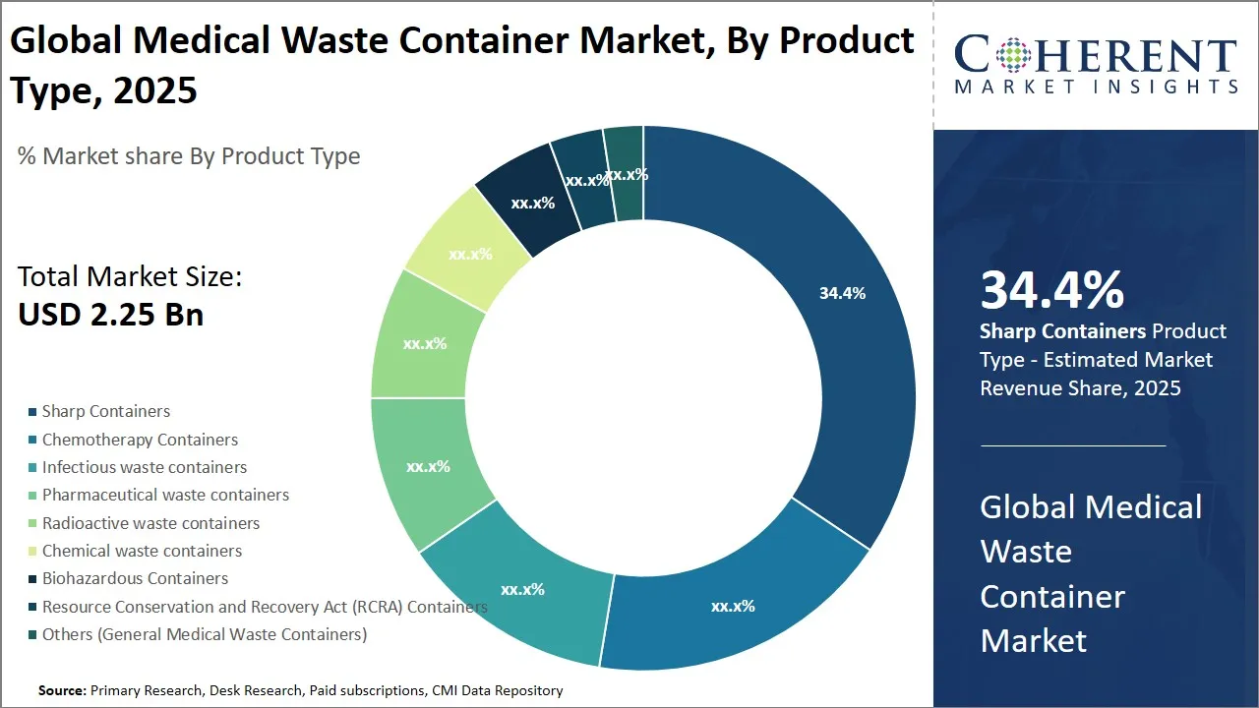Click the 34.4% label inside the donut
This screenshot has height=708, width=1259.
[x=842, y=293]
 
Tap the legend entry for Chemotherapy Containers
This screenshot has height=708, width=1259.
[x=140, y=440]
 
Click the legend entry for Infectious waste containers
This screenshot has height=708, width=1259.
[x=145, y=467]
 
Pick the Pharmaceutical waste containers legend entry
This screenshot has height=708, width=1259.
[x=165, y=495]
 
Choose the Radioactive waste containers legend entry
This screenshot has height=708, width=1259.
[x=150, y=523]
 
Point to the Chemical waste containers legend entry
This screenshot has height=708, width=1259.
[x=142, y=551]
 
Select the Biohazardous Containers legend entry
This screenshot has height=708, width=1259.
[x=135, y=578]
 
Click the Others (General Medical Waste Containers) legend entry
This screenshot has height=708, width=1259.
[x=204, y=634]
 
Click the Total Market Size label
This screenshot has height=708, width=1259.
[x=130, y=277]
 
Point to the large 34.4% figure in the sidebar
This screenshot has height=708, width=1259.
[x=1051, y=291]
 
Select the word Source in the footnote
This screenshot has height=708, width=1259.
[x=61, y=690]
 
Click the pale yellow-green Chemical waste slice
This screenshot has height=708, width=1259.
[x=467, y=251]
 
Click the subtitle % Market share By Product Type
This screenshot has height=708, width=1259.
[x=189, y=156]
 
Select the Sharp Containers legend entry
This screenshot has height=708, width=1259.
[x=105, y=411]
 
